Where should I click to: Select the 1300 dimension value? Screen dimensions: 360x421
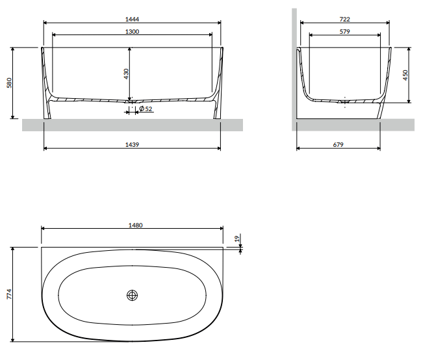point(132,30)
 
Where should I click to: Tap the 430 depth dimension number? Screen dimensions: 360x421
point(128,75)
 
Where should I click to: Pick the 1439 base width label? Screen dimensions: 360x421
point(133,144)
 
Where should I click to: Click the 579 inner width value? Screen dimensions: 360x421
point(344,30)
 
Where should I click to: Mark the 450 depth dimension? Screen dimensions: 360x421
point(406,75)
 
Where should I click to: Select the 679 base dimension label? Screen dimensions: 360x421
point(337,144)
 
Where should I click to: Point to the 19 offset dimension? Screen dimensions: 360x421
point(237,239)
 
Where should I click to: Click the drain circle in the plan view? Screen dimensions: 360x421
point(133,295)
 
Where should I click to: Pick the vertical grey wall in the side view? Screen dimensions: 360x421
point(294,65)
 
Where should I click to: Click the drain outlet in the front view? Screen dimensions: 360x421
point(132,101)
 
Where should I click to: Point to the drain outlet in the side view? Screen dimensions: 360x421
point(344,101)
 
